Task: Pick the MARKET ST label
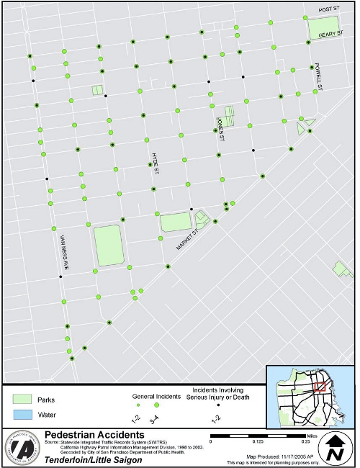(187, 237)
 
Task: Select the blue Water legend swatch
(23, 415)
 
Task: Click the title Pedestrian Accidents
(94, 436)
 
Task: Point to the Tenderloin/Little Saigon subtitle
(92, 459)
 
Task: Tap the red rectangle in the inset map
(321, 386)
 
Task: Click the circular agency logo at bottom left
(22, 447)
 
